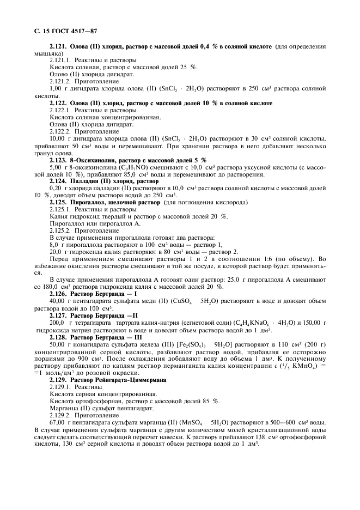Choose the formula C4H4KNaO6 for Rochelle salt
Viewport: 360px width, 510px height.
(245, 323)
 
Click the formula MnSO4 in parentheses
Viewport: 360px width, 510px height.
(207, 422)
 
